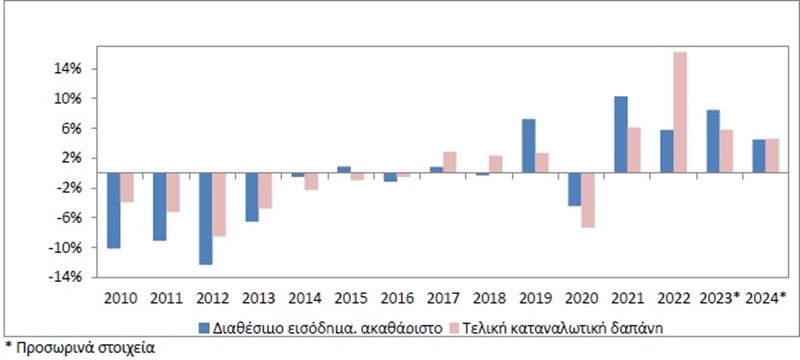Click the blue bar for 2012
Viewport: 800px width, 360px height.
[206, 219]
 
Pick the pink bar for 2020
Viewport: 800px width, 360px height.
[588, 200]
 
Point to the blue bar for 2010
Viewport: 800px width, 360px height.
[114, 210]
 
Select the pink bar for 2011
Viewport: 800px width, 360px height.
[173, 192]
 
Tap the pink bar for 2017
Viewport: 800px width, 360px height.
[449, 162]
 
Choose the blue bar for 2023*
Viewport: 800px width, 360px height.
[712, 141]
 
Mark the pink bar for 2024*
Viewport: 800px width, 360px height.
[772, 156]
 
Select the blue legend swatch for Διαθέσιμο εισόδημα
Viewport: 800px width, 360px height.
[203, 326]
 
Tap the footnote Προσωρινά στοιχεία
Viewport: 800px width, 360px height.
[81, 349]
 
